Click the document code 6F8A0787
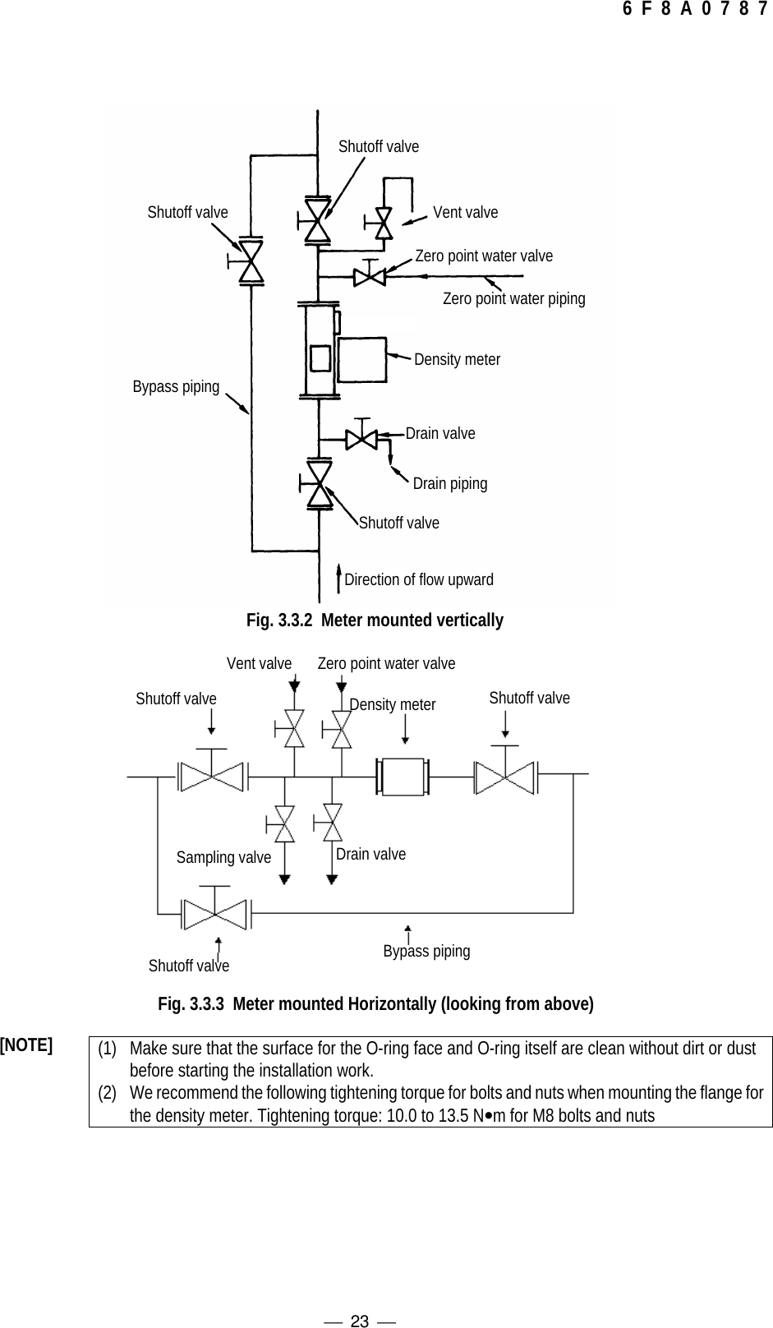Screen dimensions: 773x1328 [696, 9]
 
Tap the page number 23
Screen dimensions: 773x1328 [360, 1321]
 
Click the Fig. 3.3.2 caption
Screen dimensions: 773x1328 [375, 620]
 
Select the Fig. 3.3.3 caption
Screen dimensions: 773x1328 [375, 1003]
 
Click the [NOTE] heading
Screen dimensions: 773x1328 [26, 1044]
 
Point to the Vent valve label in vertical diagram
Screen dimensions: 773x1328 [465, 212]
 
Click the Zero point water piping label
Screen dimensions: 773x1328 [514, 298]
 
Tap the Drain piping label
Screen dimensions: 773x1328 [450, 483]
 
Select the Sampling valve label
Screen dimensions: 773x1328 [223, 857]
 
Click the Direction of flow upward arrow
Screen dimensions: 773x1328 [338, 579]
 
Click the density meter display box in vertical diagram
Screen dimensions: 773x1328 [361, 359]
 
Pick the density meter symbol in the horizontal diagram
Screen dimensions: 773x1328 [403, 776]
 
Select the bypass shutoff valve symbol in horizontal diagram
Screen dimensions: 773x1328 [214, 914]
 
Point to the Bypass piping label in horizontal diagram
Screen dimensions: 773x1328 [426, 951]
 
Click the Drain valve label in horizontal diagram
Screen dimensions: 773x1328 [370, 854]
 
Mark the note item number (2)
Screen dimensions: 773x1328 [107, 1092]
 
